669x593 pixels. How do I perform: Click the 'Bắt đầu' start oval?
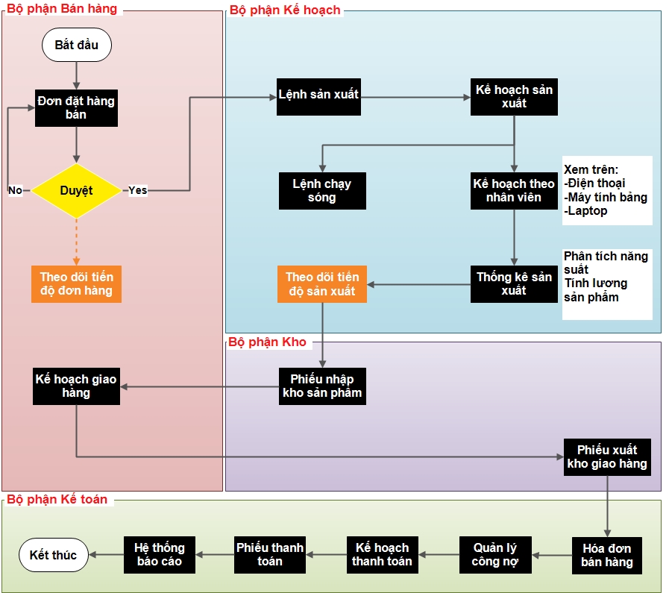77,45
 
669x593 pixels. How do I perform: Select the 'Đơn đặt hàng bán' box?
76,108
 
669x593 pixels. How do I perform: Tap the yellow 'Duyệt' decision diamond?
76,191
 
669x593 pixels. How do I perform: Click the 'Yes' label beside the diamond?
138,190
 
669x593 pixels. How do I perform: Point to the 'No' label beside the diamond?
16,190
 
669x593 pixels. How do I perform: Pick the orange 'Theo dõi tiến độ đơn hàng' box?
76,284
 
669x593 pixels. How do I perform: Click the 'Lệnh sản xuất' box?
318,97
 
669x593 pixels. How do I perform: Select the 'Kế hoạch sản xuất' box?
514,97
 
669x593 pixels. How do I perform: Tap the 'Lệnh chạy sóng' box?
322,191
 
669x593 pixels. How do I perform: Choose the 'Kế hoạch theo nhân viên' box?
514,191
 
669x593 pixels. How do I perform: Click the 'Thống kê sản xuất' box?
514,284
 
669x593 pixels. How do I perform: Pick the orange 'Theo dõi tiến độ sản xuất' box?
322,284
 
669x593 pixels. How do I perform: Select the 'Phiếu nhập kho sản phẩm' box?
322,386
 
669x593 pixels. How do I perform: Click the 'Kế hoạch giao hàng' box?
76,386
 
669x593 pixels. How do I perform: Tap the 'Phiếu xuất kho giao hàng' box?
607,457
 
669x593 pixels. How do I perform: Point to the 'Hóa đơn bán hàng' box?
607,556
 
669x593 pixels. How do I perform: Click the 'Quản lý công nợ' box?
495,555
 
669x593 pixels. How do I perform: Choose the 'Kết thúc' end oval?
54,555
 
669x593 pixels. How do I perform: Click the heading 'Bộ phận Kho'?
268,342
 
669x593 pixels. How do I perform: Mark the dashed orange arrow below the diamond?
76,242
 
